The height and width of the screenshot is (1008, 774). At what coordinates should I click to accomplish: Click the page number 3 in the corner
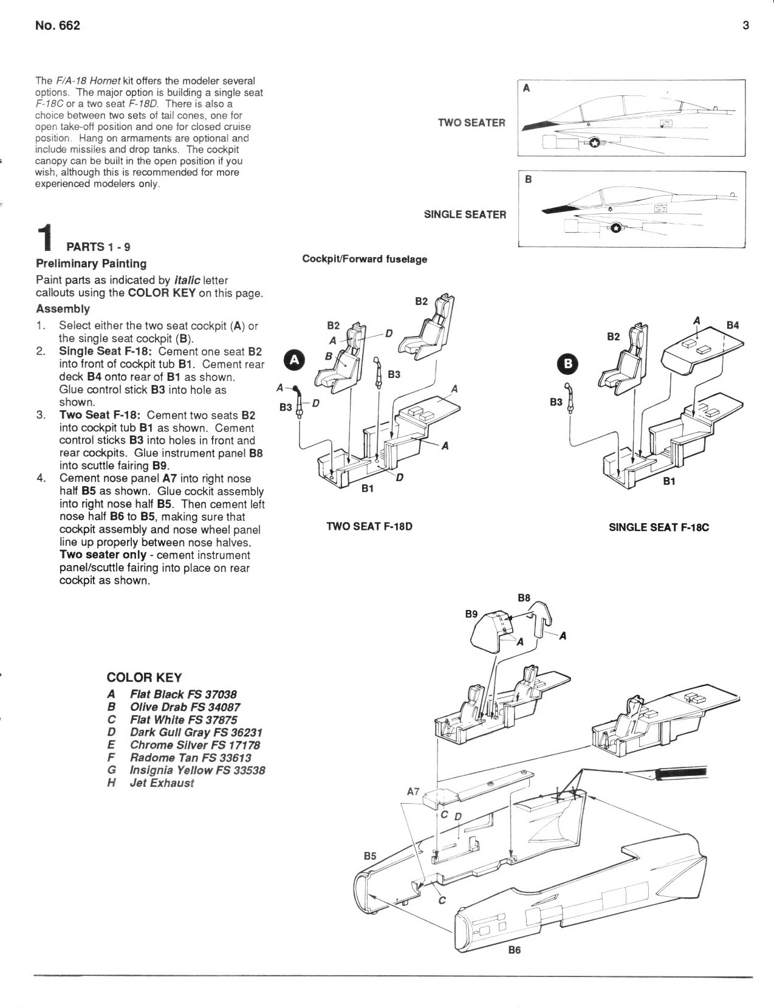pos(745,25)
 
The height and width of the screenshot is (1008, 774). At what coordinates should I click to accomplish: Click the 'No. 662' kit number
pos(58,25)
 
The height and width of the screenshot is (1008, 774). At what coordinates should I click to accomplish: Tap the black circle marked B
pos(569,364)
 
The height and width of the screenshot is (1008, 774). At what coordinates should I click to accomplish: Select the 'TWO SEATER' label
pos(471,123)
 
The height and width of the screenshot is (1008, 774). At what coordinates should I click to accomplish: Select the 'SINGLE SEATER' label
pos(465,214)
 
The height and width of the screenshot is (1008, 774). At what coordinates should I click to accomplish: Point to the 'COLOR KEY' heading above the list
pos(144,677)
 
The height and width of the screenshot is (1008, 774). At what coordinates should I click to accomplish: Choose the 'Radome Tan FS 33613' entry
pos(191,758)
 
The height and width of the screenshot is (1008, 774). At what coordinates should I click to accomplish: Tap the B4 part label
pos(733,325)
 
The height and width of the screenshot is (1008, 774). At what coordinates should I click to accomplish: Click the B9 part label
pos(471,614)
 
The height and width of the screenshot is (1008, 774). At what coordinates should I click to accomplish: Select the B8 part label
pos(524,598)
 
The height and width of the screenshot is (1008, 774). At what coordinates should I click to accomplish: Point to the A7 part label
pos(413,791)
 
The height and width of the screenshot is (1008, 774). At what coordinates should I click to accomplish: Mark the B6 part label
pos(515,950)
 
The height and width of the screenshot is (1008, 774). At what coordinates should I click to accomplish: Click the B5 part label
pos(370,856)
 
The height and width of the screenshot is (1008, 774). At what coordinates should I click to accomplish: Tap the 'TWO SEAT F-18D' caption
pos(369,527)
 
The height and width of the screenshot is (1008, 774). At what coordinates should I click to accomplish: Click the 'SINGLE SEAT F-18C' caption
pos(659,527)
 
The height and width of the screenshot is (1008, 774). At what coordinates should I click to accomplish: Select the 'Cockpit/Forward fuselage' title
pos(365,259)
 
